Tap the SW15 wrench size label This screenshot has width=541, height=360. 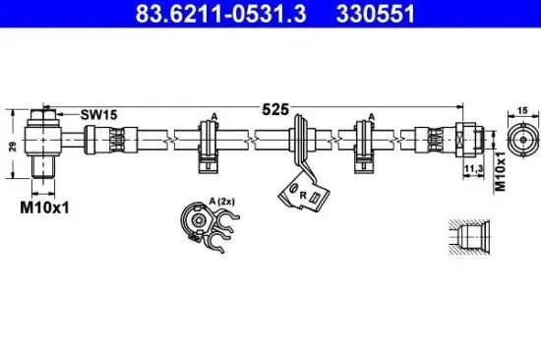[x=98, y=115]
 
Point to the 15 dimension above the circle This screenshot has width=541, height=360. [x=521, y=111]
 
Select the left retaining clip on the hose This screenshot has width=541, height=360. [x=210, y=143]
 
